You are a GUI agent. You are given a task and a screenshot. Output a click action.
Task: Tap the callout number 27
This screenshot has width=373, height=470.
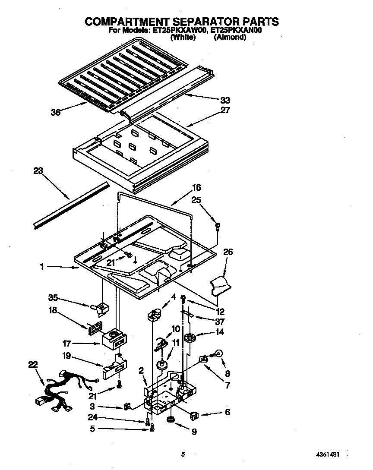[225, 110]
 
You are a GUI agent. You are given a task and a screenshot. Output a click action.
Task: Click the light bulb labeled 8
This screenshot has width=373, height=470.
[219, 353]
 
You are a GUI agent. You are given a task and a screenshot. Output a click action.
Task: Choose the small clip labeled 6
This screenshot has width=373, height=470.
[194, 415]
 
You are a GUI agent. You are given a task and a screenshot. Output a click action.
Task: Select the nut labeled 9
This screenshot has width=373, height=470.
[171, 420]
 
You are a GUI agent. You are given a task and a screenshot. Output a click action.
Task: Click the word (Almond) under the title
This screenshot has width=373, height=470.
[230, 37]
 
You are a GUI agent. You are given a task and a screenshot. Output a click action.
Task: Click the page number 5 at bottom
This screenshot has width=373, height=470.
[183, 454]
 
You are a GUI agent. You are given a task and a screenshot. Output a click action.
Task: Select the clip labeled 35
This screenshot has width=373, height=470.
[101, 308]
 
